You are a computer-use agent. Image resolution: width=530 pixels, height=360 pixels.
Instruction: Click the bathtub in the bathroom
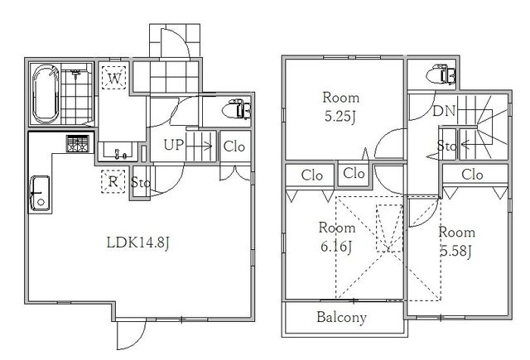pos(46,94)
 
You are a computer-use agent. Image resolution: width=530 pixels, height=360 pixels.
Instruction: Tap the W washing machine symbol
pos(114,78)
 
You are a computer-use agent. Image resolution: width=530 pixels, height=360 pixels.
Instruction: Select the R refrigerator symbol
pos(113,181)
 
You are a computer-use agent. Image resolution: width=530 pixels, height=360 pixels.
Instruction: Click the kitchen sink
pos(40,193)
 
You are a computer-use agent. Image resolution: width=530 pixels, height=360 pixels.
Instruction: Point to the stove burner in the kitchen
pos(78,143)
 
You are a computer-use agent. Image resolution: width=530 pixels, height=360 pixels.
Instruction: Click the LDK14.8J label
pos(137,242)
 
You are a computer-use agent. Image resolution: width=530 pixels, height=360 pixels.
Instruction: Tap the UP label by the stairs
pos(174,145)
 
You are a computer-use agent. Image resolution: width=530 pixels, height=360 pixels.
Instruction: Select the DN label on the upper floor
pos(444,111)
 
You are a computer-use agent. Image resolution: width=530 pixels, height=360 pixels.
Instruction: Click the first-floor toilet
pos(237,108)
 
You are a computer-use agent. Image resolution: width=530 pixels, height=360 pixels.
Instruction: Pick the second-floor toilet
pos(441,74)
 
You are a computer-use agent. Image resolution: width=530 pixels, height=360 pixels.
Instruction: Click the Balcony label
pos(341,318)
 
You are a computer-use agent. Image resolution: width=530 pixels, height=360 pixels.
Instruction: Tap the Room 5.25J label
pos(340,107)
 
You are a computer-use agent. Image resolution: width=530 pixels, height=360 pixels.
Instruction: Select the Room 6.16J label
pos(337,237)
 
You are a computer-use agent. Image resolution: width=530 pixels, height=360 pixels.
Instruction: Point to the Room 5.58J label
pos(456,242)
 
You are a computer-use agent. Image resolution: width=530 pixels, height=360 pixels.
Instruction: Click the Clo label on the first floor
pos(234,146)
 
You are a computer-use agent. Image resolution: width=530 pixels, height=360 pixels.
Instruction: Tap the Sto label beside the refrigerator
pos(140,182)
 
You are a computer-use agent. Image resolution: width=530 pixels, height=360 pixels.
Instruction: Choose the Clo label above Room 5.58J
pos(472,175)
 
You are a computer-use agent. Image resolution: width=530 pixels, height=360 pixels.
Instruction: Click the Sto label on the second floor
pos(447,146)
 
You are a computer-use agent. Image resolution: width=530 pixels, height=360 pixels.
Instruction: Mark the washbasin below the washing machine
pos(118,151)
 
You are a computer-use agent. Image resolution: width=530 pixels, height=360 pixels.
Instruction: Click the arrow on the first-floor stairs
pos(199,146)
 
